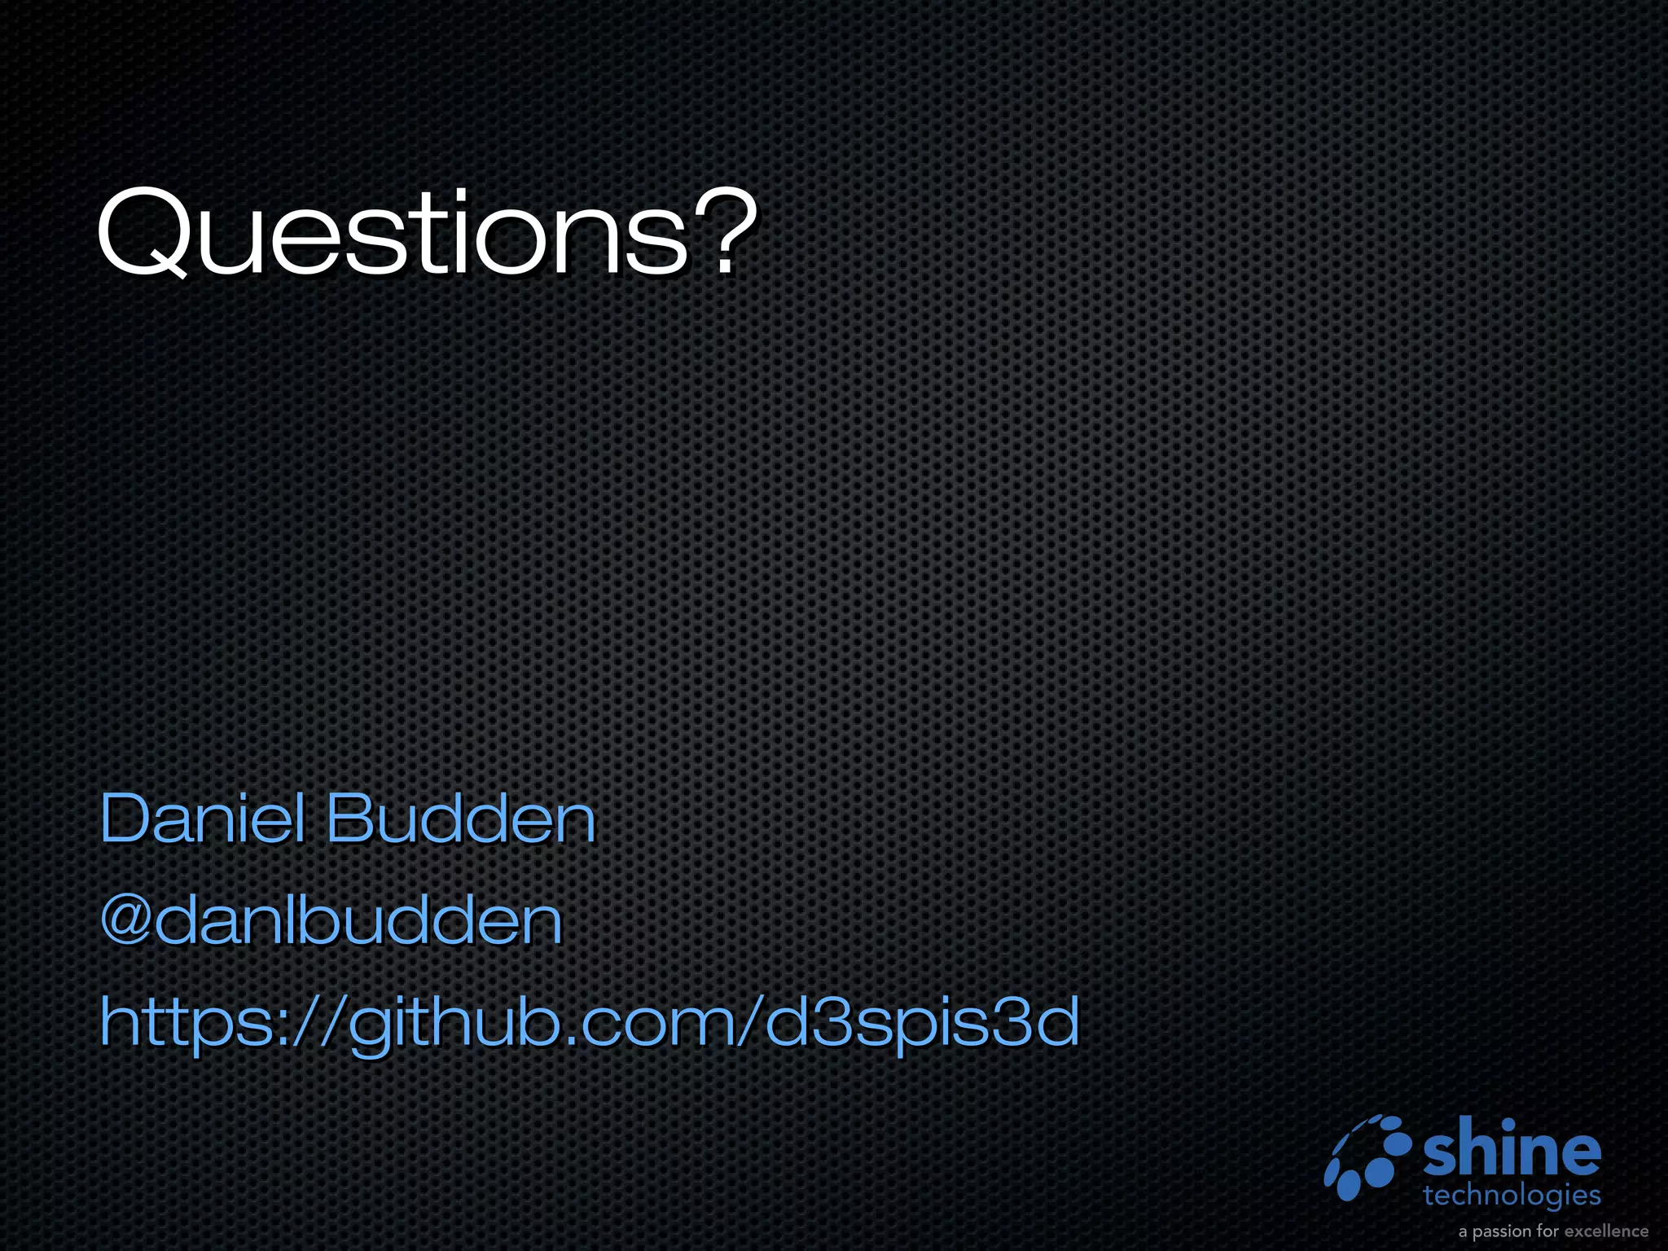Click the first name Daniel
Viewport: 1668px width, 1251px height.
[203, 818]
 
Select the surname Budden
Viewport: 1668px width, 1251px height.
[461, 818]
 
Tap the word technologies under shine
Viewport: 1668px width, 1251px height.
[1512, 1196]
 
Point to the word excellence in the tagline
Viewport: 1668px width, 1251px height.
[1606, 1231]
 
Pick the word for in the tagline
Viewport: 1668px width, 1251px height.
[1547, 1231]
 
